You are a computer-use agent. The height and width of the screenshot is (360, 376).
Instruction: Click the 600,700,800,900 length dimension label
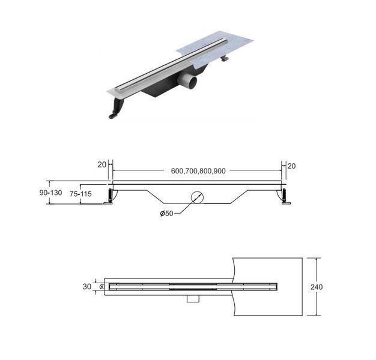(198, 171)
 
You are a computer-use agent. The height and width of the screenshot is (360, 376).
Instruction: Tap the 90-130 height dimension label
(50, 193)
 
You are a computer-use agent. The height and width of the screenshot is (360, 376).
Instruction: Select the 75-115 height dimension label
(80, 194)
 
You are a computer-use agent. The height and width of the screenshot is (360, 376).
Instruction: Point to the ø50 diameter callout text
(166, 213)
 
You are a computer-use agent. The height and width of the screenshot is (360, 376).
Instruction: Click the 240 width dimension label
(317, 287)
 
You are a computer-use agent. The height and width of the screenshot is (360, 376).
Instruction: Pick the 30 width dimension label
(87, 286)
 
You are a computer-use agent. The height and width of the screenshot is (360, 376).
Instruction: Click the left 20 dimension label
(102, 165)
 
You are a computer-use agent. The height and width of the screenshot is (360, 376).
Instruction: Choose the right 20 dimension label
(291, 166)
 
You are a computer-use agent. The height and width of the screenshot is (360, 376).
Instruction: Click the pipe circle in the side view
(197, 197)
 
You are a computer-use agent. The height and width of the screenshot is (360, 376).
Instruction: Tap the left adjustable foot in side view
(109, 197)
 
